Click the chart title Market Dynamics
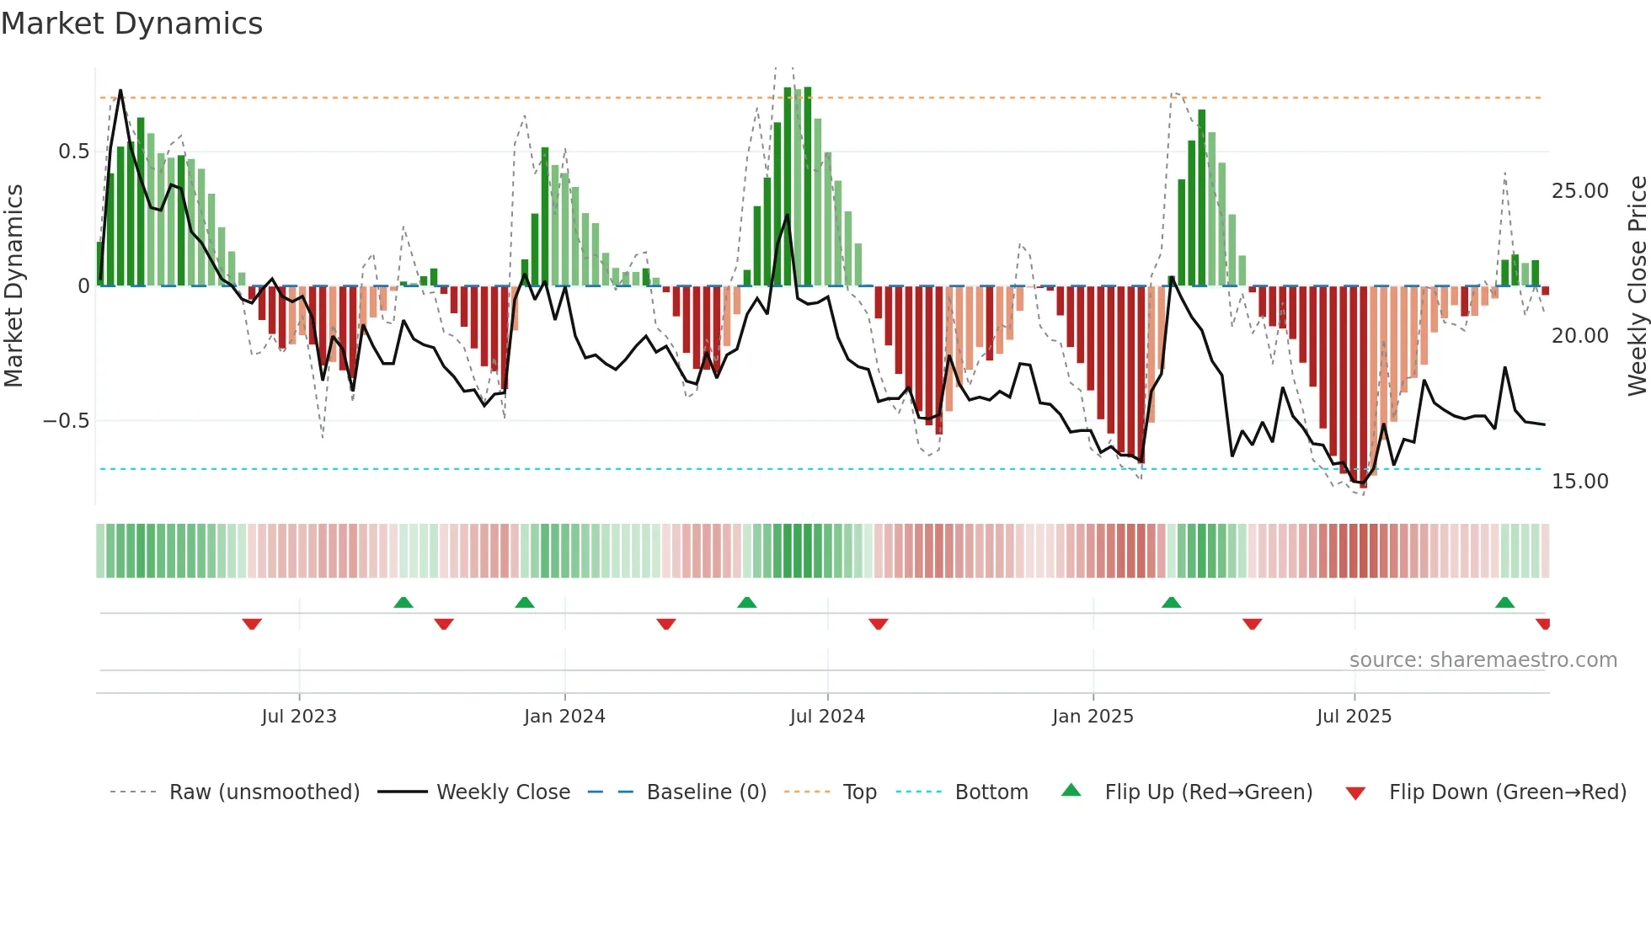pyautogui.click(x=132, y=24)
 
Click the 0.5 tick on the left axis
pyautogui.click(x=73, y=152)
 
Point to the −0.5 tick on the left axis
pyautogui.click(x=67, y=421)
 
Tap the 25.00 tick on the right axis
pyautogui.click(x=1579, y=191)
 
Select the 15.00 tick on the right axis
pyautogui.click(x=1579, y=482)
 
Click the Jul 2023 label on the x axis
pyautogui.click(x=298, y=717)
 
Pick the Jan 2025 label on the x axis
pyautogui.click(x=1093, y=717)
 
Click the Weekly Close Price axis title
pyautogui.click(x=1637, y=286)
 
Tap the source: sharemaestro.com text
pyautogui.click(x=1483, y=660)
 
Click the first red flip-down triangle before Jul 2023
pyautogui.click(x=252, y=624)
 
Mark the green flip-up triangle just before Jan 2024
pyautogui.click(x=525, y=602)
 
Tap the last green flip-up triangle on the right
pyautogui.click(x=1504, y=602)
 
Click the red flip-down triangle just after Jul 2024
pyautogui.click(x=878, y=624)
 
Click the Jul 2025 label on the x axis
pyautogui.click(x=1354, y=717)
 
